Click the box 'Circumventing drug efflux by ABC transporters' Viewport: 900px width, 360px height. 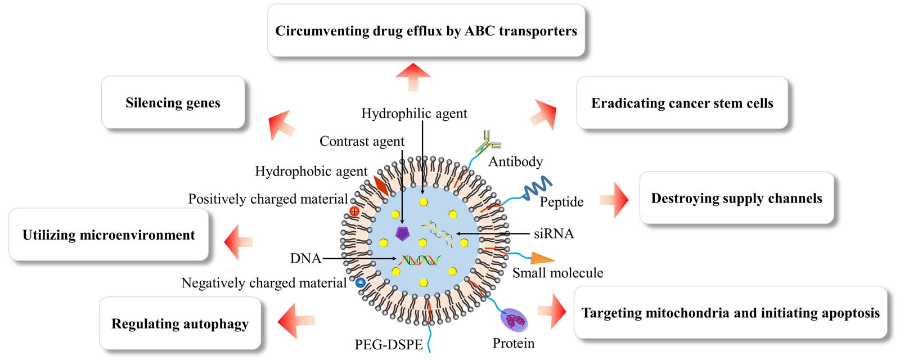pos(426,30)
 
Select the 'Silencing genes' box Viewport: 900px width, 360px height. pos(173,102)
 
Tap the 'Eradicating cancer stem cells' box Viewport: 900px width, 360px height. pos(682,103)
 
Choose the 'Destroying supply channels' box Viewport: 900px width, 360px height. pos(736,198)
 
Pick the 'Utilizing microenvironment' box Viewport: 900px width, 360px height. pos(109,235)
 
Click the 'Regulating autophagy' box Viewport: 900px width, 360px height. pos(179,323)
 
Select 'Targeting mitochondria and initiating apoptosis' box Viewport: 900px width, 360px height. pos(730,313)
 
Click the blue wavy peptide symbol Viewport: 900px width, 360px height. pos(537,188)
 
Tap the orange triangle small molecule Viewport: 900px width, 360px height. pos(542,258)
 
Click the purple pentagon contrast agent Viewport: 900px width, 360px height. pos(402,233)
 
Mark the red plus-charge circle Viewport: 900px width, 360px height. pos(354,211)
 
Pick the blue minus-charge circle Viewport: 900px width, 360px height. pos(361,282)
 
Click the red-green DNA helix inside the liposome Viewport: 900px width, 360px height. pos(420,260)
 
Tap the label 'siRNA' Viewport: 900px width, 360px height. pos(553,233)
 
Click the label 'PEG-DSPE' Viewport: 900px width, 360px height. pos(388,344)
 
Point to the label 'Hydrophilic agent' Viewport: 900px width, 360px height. pos(414,113)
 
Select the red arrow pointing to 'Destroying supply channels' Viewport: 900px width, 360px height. pos(615,199)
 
